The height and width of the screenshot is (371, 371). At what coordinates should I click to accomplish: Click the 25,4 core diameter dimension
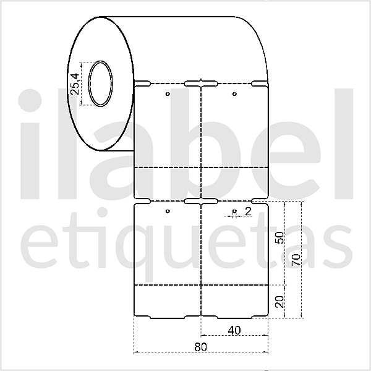75,83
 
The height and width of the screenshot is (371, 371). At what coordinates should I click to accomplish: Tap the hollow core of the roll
100,83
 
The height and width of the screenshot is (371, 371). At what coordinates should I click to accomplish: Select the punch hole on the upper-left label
168,94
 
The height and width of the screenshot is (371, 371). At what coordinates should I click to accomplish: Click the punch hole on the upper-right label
234,94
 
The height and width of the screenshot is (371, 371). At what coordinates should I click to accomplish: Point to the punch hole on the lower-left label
168,213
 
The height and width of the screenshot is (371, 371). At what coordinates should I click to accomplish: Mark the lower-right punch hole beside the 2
234,213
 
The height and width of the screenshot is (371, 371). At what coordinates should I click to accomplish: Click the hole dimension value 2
248,211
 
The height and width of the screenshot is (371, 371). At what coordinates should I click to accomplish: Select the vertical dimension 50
279,237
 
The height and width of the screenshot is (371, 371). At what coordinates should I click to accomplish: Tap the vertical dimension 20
279,301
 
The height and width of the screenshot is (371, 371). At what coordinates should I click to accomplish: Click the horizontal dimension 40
234,330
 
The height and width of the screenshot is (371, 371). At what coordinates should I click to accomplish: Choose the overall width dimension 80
200,347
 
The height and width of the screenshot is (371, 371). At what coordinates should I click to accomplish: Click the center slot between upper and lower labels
200,200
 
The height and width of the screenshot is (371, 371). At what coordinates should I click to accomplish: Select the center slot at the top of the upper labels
200,82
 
